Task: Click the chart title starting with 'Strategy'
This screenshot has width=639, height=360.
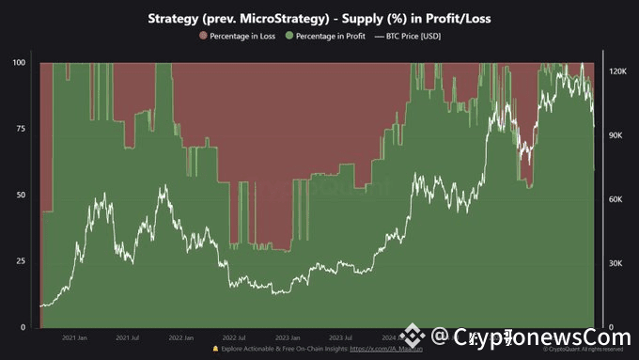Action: (x=319, y=18)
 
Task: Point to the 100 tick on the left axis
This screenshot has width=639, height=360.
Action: (x=18, y=62)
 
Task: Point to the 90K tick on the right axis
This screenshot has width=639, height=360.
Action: (x=616, y=135)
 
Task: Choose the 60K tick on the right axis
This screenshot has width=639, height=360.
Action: (x=616, y=199)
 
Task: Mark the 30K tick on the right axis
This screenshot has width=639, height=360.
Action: (x=616, y=263)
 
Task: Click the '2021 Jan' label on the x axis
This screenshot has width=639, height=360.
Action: (x=75, y=337)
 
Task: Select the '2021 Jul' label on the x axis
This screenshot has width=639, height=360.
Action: (x=128, y=337)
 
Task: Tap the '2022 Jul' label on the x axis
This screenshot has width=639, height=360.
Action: (x=235, y=337)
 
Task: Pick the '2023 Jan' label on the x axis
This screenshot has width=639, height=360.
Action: (x=288, y=337)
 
